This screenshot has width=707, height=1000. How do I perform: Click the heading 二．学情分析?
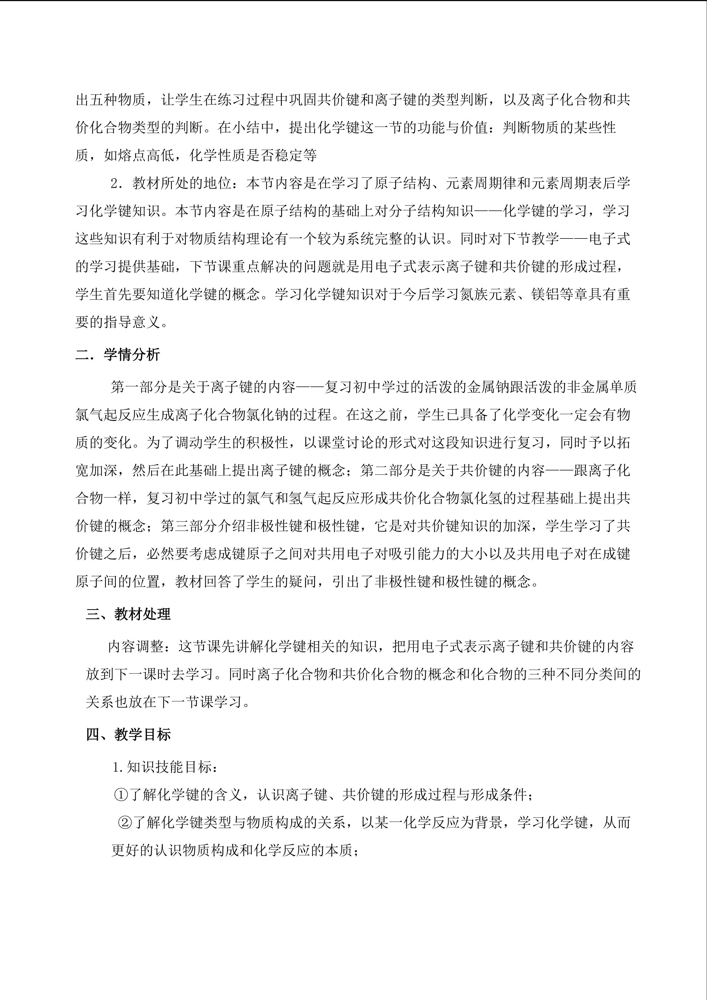click(x=118, y=355)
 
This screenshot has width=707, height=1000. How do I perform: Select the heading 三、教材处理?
click(x=128, y=614)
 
